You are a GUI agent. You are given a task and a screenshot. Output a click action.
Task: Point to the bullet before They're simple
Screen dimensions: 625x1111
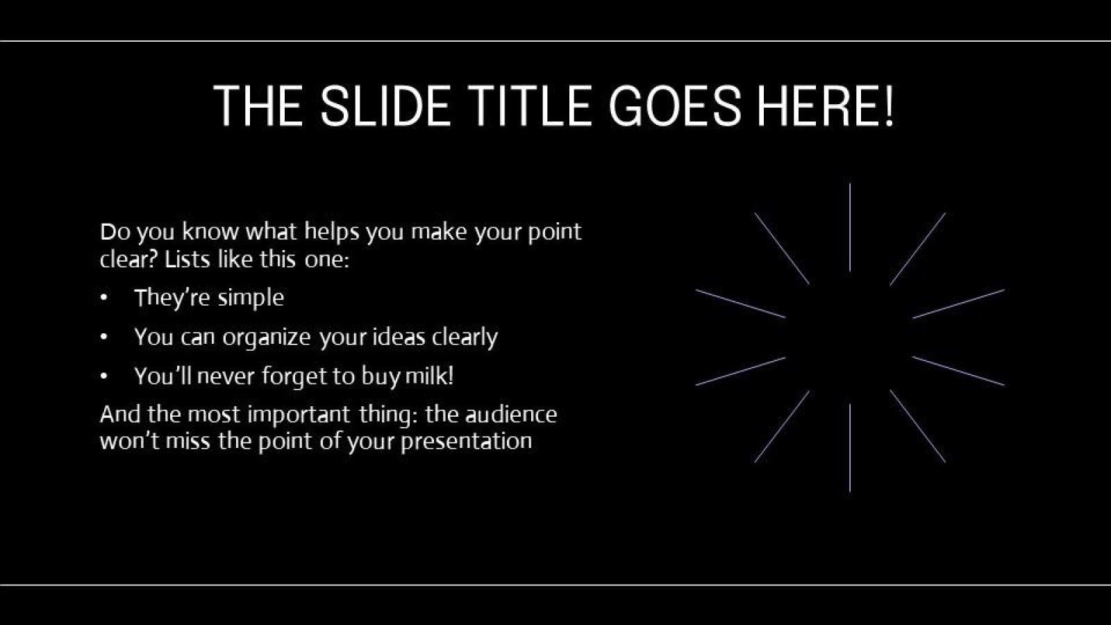click(x=104, y=298)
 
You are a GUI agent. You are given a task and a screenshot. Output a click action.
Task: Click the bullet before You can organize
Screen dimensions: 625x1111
click(x=104, y=337)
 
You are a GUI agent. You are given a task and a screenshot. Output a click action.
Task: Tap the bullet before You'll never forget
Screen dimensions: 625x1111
click(x=104, y=376)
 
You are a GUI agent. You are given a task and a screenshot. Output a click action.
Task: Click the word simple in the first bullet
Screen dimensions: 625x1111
click(x=250, y=298)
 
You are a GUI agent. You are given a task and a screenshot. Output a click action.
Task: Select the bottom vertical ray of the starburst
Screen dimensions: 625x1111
click(x=850, y=448)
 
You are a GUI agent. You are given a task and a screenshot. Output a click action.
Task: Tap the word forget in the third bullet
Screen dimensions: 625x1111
click(x=292, y=376)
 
